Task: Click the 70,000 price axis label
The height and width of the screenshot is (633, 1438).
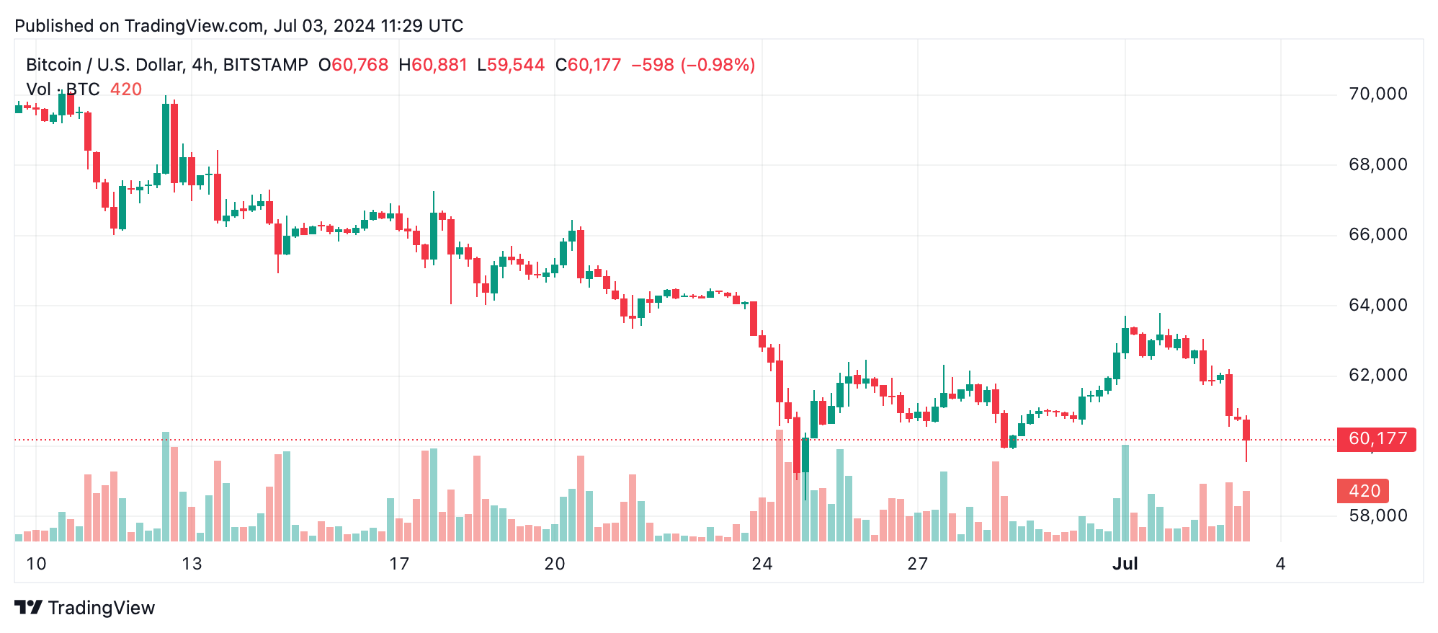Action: (1377, 94)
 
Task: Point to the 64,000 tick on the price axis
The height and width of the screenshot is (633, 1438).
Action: (1377, 305)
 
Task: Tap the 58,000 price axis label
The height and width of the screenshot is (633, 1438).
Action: (1377, 515)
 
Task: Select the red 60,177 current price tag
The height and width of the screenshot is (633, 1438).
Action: (1376, 438)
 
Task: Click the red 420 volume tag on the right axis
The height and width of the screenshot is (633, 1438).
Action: (1363, 491)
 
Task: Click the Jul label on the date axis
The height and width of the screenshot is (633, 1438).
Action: (1125, 564)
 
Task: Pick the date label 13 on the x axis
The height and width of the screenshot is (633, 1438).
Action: (192, 564)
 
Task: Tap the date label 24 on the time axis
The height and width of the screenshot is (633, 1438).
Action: (762, 564)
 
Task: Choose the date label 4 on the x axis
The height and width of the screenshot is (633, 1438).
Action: (1280, 564)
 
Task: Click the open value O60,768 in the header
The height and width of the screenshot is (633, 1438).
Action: (353, 65)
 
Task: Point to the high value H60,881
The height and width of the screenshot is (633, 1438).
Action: (433, 65)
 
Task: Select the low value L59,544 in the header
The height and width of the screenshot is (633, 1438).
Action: (511, 65)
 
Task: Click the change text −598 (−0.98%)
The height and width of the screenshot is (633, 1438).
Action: (693, 65)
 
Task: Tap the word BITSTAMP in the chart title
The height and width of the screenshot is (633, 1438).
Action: (265, 65)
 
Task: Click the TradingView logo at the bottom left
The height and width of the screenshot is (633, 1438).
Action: (85, 608)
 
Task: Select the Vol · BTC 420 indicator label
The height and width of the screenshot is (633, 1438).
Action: (84, 89)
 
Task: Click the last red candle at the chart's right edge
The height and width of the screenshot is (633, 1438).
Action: (1246, 430)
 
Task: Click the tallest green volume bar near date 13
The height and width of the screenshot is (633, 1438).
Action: (166, 487)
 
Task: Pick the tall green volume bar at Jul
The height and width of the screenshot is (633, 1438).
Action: (1125, 493)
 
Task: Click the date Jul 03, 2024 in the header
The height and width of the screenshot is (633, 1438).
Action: (324, 26)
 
